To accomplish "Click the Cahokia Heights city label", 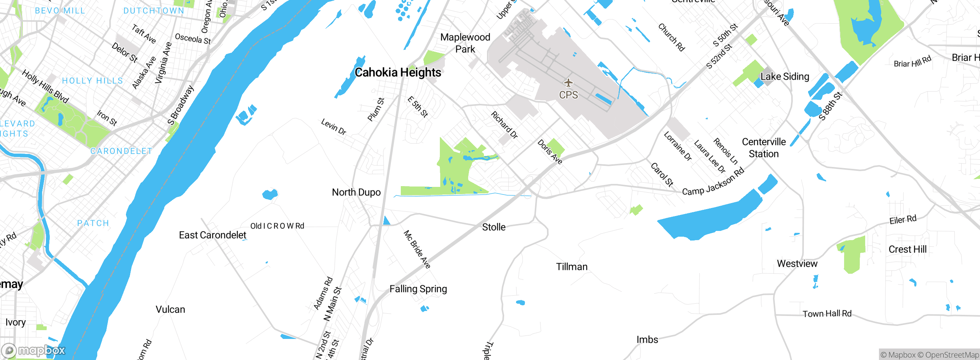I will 398,72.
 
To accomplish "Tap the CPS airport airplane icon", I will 568,83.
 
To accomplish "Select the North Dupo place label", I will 356,192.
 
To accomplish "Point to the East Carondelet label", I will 212,235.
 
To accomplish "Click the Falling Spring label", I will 418,289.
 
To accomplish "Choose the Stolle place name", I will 493,227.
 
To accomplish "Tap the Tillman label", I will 572,267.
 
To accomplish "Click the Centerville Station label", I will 764,148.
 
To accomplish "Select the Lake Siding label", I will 785,77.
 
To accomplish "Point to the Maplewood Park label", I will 465,43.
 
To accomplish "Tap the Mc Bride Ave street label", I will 417,249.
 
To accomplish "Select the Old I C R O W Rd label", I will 277,226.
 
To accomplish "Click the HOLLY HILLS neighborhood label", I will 93,81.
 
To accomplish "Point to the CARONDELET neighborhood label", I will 121,151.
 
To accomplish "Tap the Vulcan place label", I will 170,309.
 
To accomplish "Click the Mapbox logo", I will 34,350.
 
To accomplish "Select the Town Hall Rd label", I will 827,314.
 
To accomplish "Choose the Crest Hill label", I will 907,249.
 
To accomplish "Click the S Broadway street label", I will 181,105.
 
